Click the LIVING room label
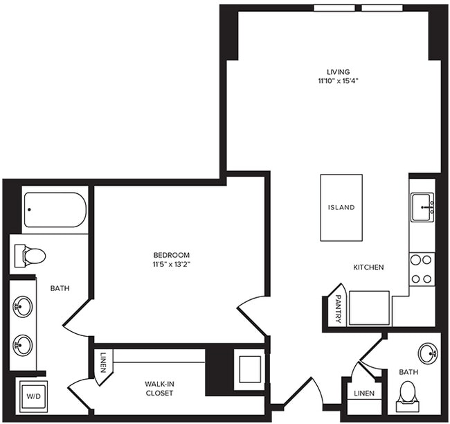(x=338, y=71)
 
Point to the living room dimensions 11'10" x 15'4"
(x=338, y=81)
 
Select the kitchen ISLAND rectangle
(x=341, y=207)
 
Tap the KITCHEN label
(x=368, y=267)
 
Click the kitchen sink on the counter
(x=422, y=206)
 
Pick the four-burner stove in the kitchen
(x=422, y=269)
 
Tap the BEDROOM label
(x=172, y=255)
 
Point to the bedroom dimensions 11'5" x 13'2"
(x=172, y=265)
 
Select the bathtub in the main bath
(x=55, y=210)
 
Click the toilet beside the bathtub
(x=30, y=256)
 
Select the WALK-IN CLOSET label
(x=159, y=388)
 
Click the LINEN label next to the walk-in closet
(x=103, y=361)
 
